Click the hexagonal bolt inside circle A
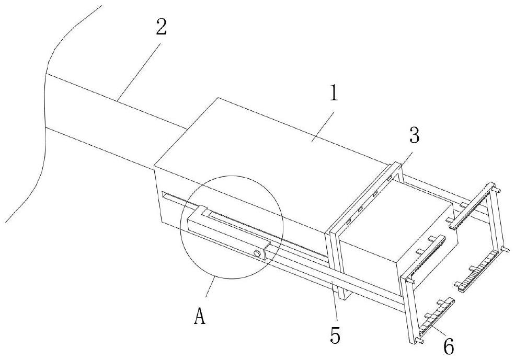[x=258, y=253]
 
